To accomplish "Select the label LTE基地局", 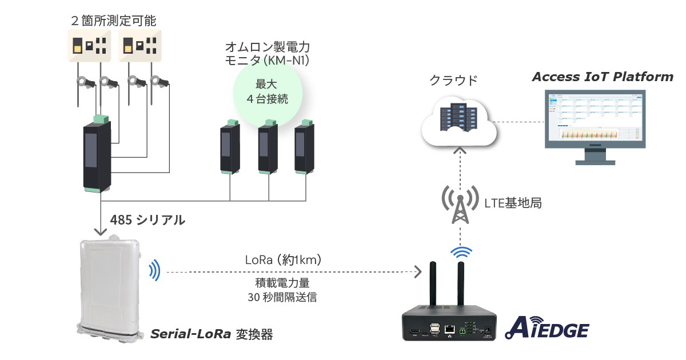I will tap(513, 203).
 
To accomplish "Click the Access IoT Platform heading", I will tap(603, 77).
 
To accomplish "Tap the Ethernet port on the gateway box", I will tap(450, 329).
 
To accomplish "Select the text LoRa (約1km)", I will tap(283, 259).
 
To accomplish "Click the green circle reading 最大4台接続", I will tap(267, 91).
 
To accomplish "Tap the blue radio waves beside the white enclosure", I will tap(154, 270).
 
